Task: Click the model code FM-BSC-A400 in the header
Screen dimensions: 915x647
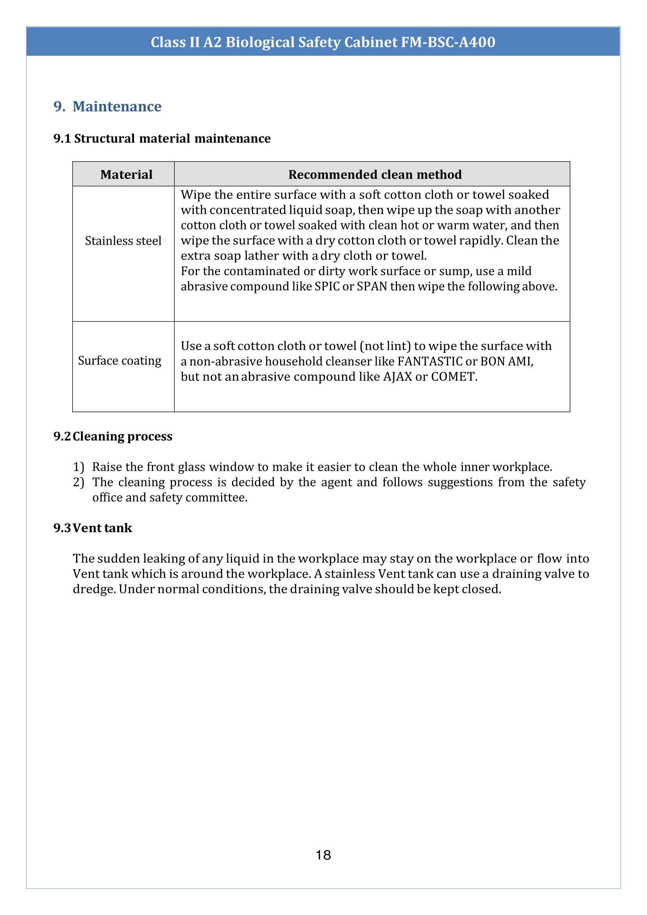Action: coord(448,42)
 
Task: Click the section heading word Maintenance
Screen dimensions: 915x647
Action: coord(117,106)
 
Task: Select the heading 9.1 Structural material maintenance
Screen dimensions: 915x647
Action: coord(162,138)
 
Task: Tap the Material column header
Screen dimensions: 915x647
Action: coord(126,175)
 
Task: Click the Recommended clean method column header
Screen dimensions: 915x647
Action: coord(375,175)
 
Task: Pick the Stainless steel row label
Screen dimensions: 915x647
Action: coord(123,241)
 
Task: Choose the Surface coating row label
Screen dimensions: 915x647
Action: coord(120,361)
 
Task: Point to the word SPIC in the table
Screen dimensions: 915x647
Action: coord(327,286)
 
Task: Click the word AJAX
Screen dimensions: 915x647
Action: coord(397,377)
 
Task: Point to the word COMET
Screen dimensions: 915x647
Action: coord(454,377)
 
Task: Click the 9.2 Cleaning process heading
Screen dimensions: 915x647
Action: coord(113,436)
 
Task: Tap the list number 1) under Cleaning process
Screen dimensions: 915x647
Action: coord(79,467)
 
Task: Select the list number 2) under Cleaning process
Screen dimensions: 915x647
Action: coord(79,482)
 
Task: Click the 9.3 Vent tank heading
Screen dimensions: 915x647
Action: coord(93,528)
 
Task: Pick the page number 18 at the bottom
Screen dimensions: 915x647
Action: coord(323,855)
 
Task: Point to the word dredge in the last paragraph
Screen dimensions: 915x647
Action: coord(94,589)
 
